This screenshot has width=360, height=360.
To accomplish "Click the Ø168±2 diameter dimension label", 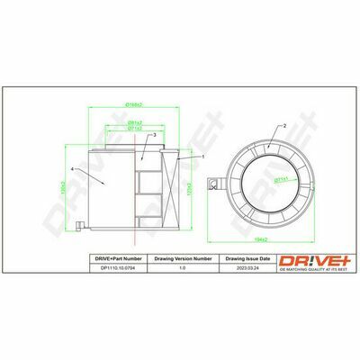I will point(136,106).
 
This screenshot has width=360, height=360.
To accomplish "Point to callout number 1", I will point(203,157).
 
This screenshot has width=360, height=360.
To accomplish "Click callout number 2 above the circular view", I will point(284,126).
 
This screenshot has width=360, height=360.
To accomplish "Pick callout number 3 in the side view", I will point(155,135).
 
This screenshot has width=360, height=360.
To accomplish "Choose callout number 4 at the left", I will point(71,168).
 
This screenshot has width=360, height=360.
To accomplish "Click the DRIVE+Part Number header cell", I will point(120,258).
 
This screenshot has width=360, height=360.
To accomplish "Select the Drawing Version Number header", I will point(184,258).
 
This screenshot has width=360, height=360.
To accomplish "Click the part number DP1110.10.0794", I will point(120,266).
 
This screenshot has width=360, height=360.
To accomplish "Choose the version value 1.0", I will point(184,266).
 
